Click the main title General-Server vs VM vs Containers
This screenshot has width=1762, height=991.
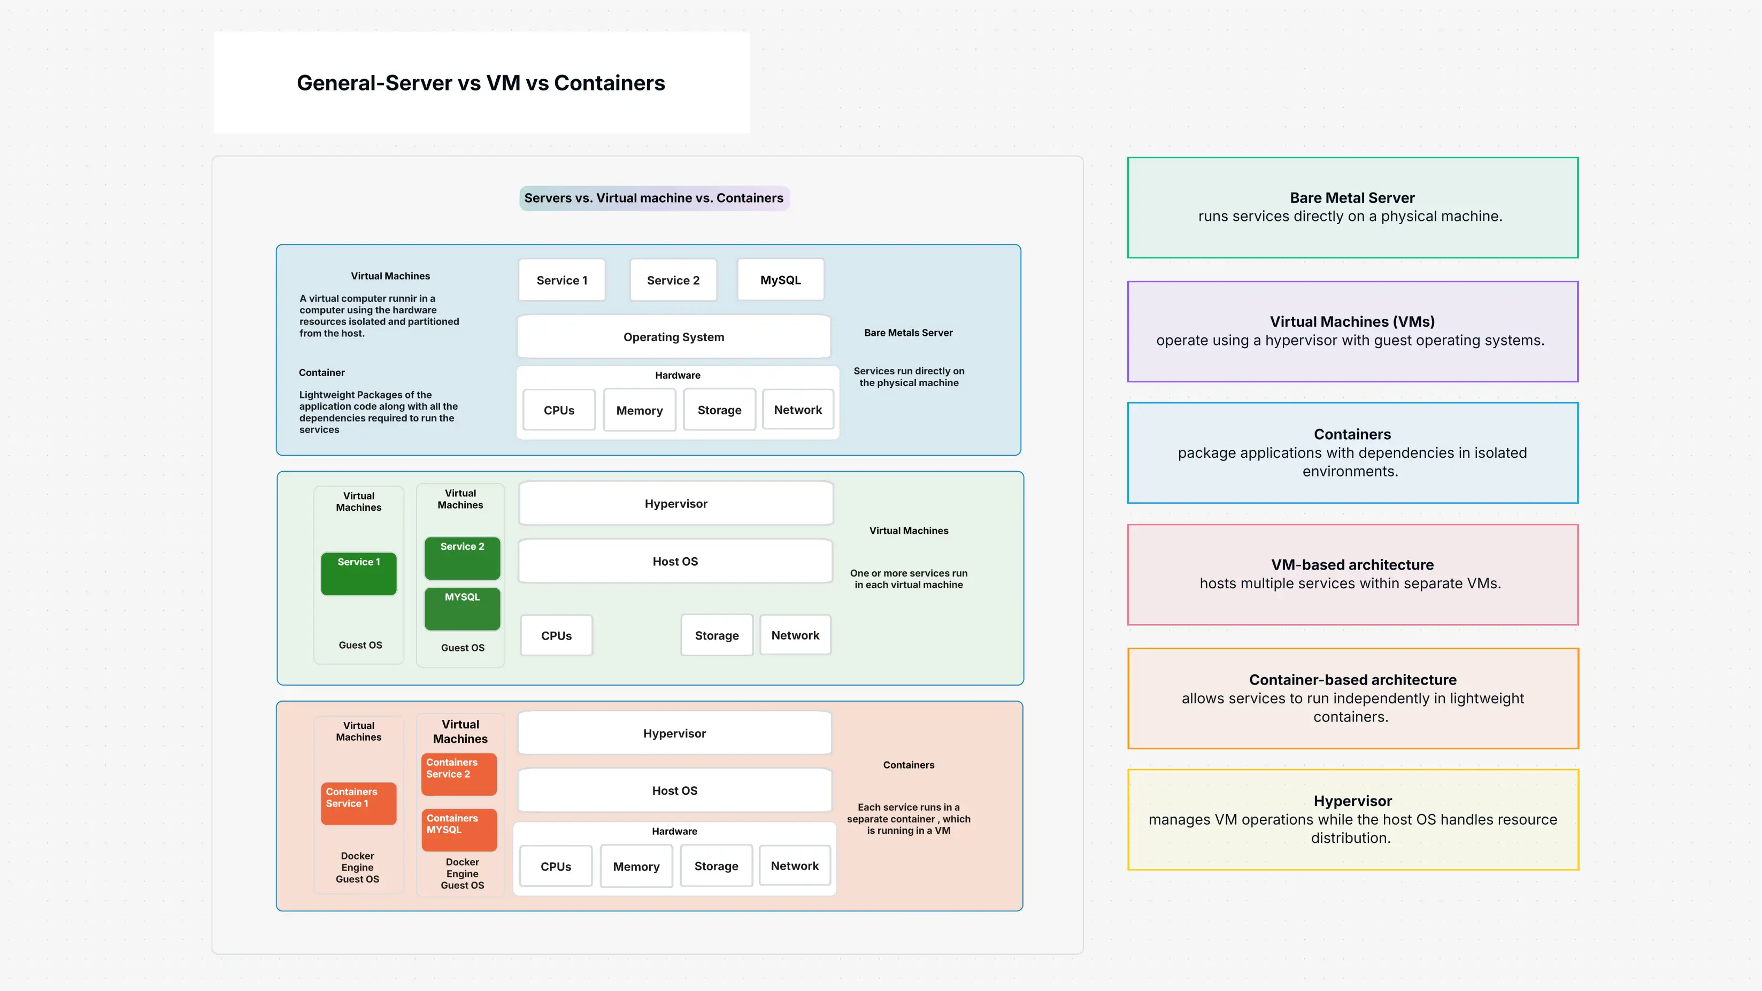coord(480,83)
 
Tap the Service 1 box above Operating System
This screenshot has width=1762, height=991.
coord(561,280)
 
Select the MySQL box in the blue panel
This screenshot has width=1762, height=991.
coord(780,280)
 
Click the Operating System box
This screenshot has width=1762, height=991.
coord(674,337)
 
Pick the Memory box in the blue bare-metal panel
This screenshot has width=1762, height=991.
coord(639,410)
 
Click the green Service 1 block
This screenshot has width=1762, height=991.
coord(358,573)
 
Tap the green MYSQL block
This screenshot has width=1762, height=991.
coord(463,608)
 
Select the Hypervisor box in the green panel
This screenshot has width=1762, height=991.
coord(676,504)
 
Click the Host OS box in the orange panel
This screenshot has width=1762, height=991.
coord(674,790)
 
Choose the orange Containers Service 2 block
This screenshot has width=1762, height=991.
coord(459,773)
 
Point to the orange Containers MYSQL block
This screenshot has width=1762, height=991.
coord(459,829)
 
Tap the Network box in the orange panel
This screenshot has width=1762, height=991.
coord(794,866)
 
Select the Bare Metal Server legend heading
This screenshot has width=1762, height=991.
coord(1352,198)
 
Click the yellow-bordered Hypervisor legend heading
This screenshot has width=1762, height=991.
coord(1352,801)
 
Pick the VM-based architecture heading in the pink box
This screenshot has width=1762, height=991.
coord(1352,565)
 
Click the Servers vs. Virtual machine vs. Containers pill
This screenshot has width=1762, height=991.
coord(654,198)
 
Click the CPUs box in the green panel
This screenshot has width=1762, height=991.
coord(556,635)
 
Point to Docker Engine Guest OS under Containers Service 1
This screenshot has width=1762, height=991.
coord(357,867)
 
